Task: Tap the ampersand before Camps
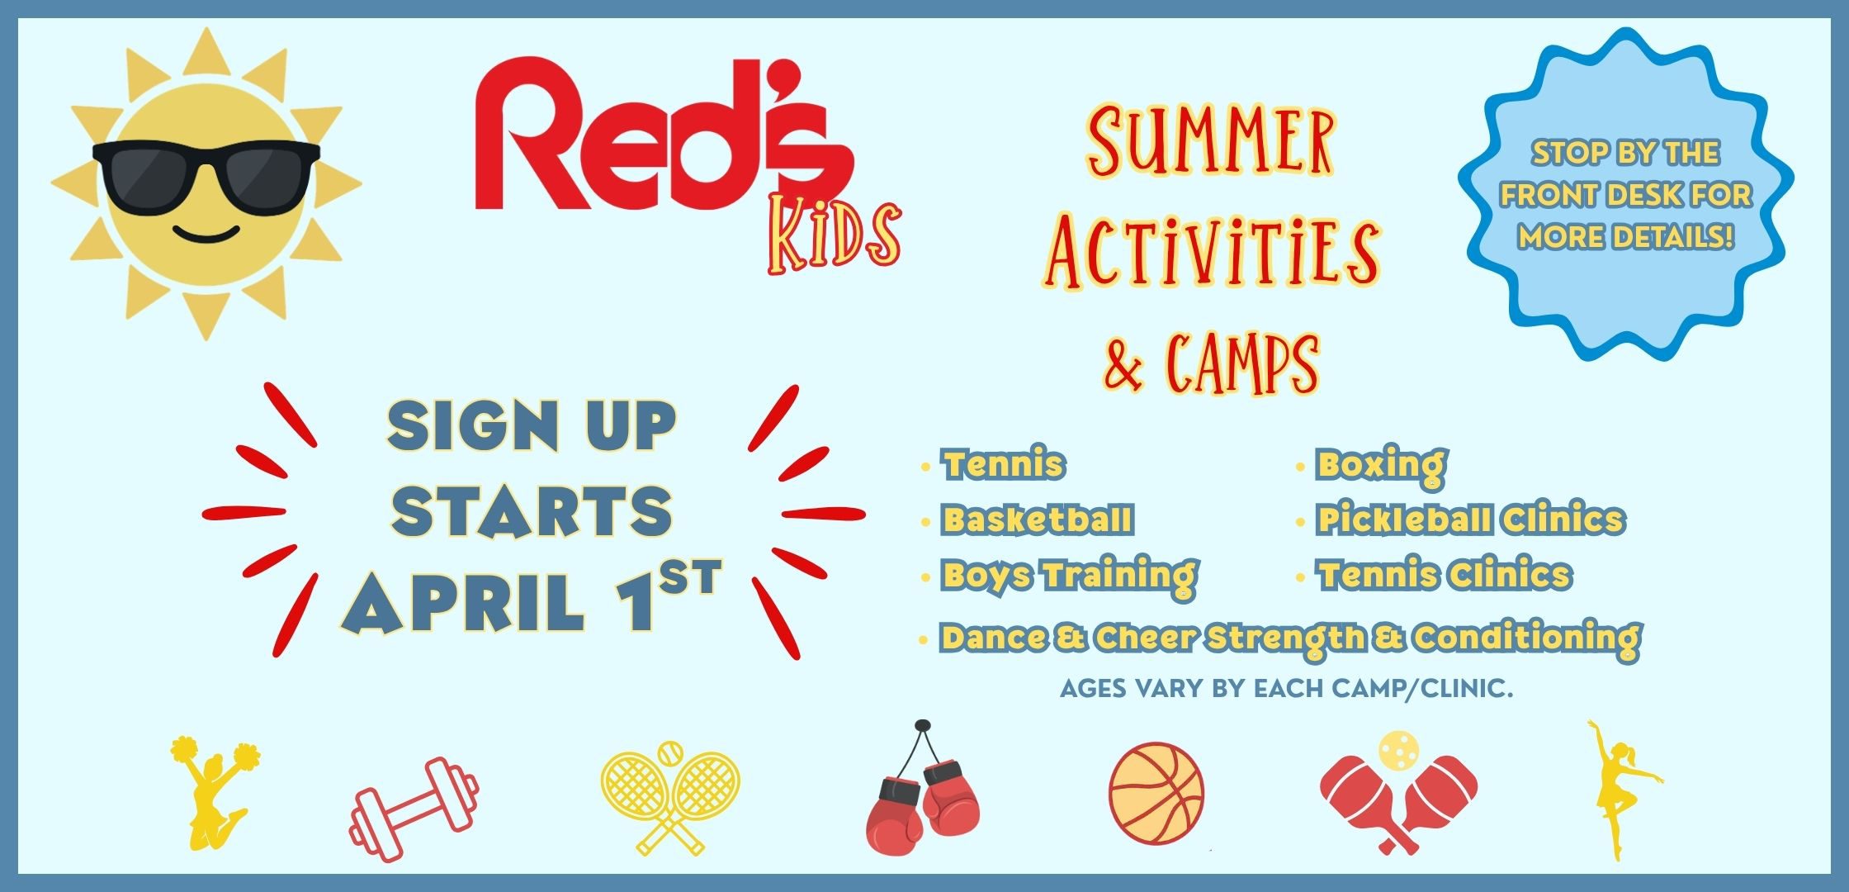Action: (1124, 364)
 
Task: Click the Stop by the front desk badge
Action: (1625, 194)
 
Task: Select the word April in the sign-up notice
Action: (464, 602)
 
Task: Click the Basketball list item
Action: (1038, 520)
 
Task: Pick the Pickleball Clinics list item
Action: (1470, 520)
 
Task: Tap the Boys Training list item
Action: (1069, 576)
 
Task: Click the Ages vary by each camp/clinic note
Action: (1286, 688)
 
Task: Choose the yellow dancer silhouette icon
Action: (1619, 789)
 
